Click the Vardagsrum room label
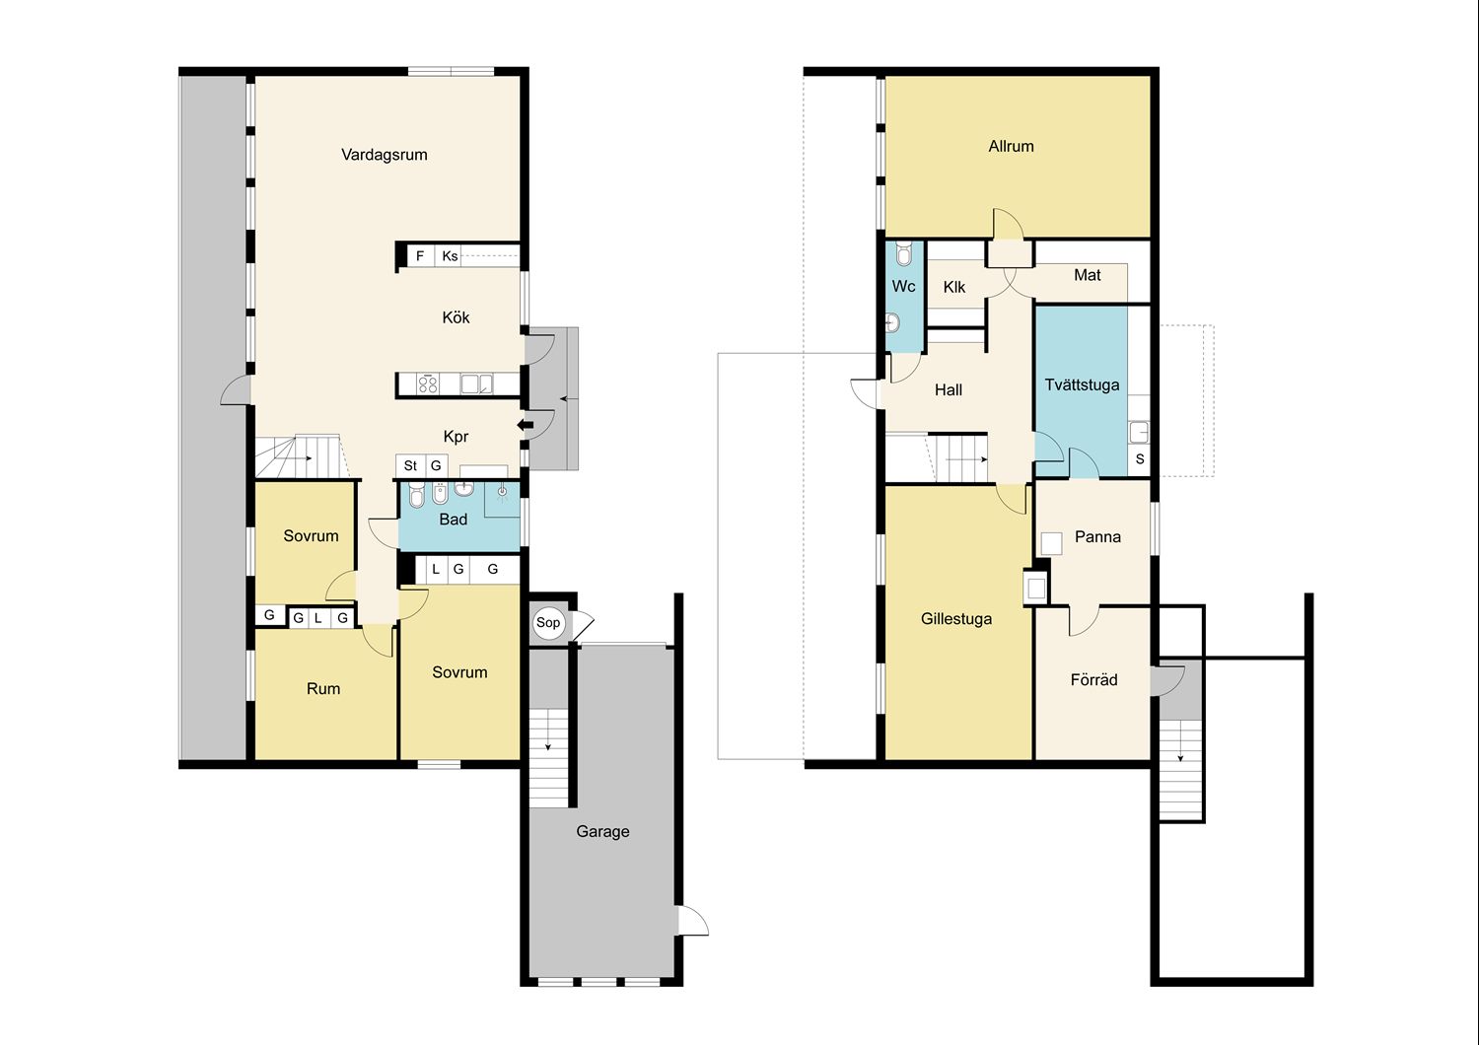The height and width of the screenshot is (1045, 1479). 385,155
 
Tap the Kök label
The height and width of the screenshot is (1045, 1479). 456,317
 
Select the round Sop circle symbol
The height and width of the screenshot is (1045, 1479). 548,622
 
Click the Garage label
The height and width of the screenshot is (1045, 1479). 602,832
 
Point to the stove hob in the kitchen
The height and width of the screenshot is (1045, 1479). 428,383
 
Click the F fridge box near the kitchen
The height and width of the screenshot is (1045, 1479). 420,255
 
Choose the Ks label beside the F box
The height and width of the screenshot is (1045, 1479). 450,256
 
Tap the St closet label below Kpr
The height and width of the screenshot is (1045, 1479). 410,465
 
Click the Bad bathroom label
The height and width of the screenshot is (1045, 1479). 453,520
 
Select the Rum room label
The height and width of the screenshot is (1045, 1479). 323,688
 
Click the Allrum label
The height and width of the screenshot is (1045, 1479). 1011,147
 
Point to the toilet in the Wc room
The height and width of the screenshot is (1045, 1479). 904,254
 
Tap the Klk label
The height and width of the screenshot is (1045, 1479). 954,287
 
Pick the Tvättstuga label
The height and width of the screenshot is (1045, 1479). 1082,384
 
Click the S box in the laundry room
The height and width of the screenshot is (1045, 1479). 1140,458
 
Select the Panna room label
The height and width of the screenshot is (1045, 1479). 1097,536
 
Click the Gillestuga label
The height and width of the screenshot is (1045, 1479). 956,619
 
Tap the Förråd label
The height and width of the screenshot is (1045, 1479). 1094,679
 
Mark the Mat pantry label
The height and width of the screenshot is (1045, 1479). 1087,275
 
